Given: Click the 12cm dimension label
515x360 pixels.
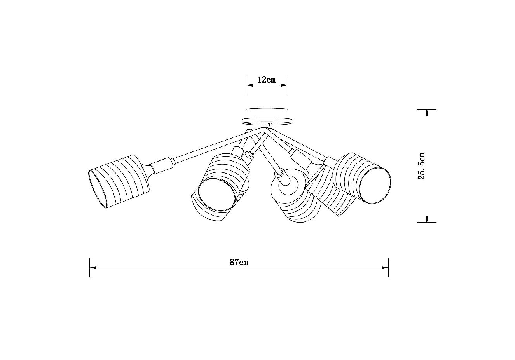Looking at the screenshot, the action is click(267, 80).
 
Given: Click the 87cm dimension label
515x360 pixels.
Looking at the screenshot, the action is click(239, 262).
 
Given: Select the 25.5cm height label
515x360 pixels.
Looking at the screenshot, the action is click(422, 166).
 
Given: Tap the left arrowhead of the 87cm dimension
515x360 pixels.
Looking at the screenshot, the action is click(93, 268).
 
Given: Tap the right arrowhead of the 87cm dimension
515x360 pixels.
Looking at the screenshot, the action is click(385, 268).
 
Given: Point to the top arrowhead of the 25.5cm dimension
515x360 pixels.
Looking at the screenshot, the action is click(427, 113).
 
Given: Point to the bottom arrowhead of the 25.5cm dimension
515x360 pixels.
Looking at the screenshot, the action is click(427, 219).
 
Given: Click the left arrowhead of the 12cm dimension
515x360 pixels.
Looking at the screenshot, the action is click(250, 85).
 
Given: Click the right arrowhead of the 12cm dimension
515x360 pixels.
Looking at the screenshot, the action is click(285, 85).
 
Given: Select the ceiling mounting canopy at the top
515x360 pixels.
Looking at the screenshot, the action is click(267, 116).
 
